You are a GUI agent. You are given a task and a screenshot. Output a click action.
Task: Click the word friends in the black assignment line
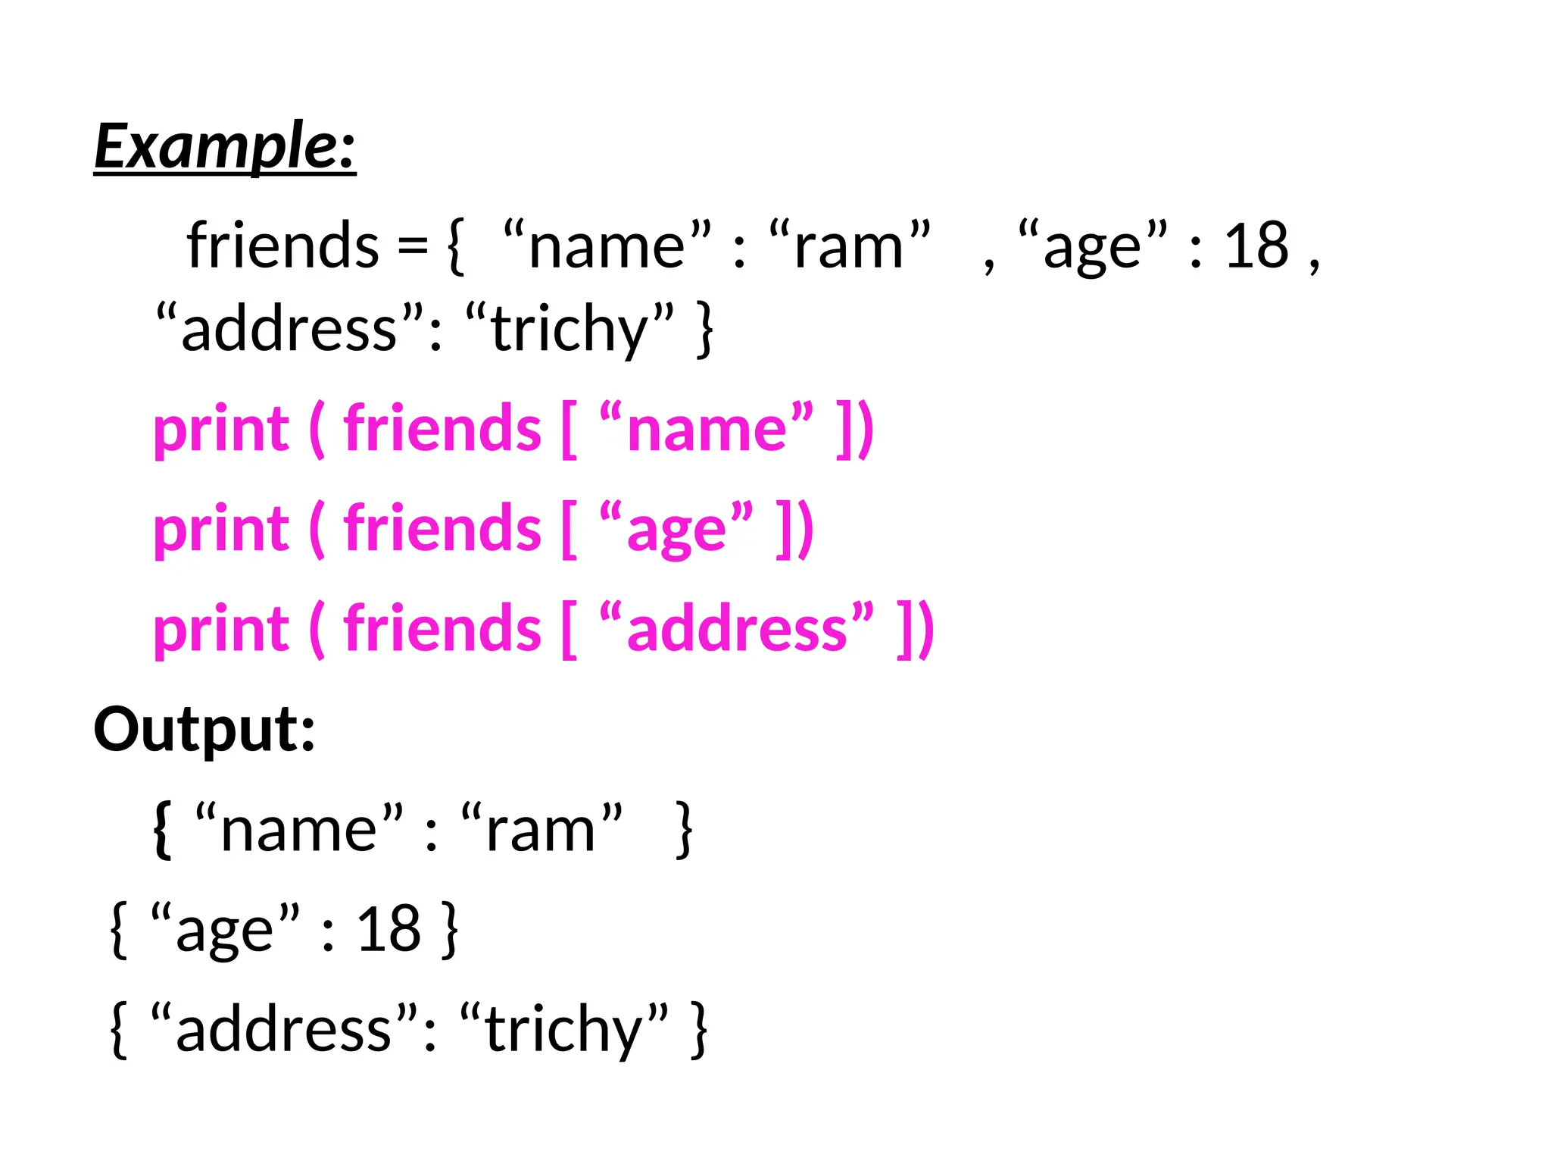coord(282,246)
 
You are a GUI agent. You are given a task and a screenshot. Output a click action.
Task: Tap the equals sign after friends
coord(413,246)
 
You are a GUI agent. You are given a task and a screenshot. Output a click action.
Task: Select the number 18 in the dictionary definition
coord(1256,246)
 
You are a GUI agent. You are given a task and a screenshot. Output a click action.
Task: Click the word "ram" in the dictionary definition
coord(849,246)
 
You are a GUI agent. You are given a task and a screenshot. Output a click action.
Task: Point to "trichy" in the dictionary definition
coord(569,329)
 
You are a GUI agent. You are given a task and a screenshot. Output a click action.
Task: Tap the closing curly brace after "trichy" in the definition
coord(705,329)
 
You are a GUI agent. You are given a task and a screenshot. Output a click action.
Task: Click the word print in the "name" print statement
coord(221,430)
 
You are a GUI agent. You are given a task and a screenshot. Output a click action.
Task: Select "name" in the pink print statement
coord(706,429)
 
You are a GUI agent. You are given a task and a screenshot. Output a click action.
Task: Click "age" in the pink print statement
coord(676,529)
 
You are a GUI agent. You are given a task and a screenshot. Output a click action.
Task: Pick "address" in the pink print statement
coord(736,629)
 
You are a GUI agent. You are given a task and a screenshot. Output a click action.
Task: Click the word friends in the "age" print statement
coord(442,528)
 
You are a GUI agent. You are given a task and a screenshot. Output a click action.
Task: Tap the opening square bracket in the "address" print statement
coord(569,629)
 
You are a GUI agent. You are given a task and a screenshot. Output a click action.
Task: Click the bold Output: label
coord(204,729)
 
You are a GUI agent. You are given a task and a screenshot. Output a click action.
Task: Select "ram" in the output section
coord(541,829)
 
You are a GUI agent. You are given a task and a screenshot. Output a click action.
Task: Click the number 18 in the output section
coord(389,929)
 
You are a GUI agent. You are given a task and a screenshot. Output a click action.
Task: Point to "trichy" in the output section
coord(564,1029)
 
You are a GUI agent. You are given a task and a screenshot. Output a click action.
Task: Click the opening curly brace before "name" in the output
coord(162,829)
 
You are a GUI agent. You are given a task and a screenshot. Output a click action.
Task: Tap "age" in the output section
coord(225,929)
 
